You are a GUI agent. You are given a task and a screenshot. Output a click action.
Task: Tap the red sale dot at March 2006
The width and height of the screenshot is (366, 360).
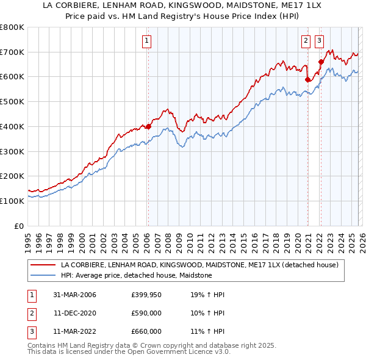pyautogui.click(x=148, y=127)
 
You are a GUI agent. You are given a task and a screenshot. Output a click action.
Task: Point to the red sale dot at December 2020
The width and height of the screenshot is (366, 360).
pyautogui.click(x=307, y=79)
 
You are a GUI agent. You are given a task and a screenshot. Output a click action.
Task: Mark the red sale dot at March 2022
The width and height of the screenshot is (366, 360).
pyautogui.click(x=321, y=62)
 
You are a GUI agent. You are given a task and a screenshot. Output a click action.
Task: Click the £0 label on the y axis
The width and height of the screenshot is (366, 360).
pyautogui.click(x=18, y=226)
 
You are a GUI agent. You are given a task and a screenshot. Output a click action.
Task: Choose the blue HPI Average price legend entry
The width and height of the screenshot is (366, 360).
pyautogui.click(x=136, y=276)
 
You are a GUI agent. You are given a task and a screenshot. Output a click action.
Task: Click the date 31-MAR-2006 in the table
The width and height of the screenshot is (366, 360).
pyautogui.click(x=74, y=295)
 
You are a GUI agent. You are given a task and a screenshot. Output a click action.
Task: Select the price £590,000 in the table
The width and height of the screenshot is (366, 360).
pyautogui.click(x=146, y=313)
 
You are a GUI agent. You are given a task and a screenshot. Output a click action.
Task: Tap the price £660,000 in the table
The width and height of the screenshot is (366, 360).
pyautogui.click(x=146, y=331)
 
